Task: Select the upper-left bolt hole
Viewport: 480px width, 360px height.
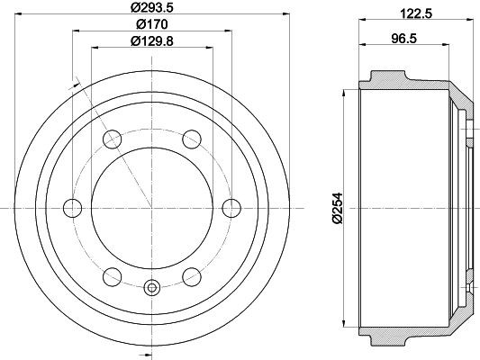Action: pos(112,139)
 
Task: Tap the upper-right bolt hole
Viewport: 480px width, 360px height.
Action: pos(191,139)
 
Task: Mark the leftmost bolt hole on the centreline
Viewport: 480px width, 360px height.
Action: pos(72,208)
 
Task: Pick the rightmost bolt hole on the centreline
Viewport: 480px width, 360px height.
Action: pos(231,208)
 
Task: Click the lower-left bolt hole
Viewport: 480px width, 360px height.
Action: pos(112,276)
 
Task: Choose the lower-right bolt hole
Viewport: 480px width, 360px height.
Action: pos(191,276)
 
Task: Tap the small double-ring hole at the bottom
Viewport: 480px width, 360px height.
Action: pos(151,288)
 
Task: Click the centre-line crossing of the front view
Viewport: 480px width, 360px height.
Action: pos(151,208)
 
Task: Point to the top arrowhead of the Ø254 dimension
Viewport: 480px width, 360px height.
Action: pos(346,94)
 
